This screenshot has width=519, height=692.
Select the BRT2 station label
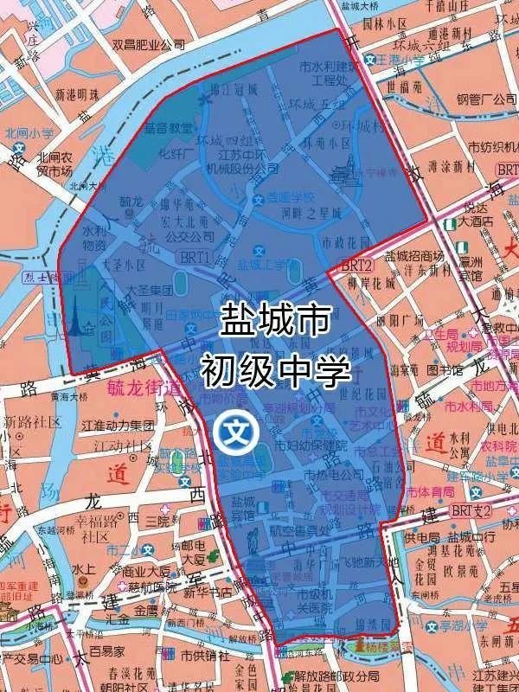(355, 265)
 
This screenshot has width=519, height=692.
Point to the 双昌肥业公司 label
(149, 43)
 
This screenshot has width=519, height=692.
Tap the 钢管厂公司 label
(486, 99)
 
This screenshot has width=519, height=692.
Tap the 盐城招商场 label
(414, 256)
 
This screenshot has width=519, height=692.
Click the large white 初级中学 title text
(275, 370)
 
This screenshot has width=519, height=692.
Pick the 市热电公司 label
(332, 475)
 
